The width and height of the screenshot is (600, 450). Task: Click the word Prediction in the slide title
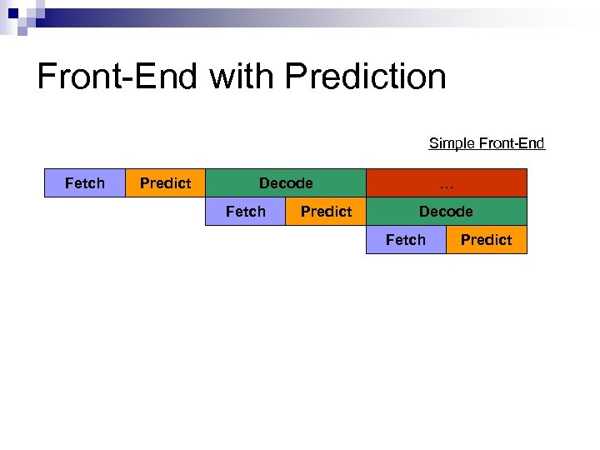click(365, 77)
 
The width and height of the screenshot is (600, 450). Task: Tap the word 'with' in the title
click(242, 77)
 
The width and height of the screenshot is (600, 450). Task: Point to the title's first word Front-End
click(117, 77)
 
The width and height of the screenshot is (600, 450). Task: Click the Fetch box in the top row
click(85, 183)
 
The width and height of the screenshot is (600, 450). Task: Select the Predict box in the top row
click(165, 183)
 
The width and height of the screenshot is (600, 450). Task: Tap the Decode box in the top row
click(286, 183)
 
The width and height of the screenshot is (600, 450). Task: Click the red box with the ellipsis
click(447, 183)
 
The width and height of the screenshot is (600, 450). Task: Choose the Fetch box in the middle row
click(246, 212)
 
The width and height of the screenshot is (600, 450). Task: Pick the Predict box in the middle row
click(326, 212)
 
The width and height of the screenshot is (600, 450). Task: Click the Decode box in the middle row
click(446, 212)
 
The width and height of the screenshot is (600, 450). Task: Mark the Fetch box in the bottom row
click(406, 240)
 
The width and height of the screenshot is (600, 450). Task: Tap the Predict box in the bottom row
click(486, 240)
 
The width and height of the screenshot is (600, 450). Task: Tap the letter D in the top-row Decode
click(264, 183)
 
